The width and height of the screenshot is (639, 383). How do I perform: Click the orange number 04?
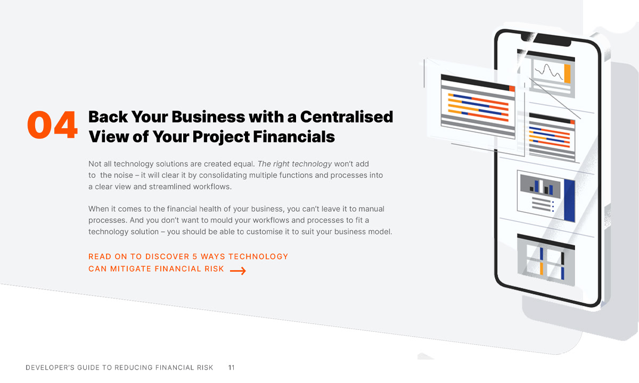pos(52,126)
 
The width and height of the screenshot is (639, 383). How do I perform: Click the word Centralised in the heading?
pos(346,116)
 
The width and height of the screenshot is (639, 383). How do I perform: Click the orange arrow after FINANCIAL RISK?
pos(237,271)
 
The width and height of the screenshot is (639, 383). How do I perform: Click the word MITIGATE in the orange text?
pos(130,269)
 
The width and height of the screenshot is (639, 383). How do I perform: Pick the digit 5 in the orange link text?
pos(195,256)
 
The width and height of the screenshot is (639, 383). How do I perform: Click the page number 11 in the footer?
pos(231,368)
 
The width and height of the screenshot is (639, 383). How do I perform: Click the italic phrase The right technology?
pos(294,163)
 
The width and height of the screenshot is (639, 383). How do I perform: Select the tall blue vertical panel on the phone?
pos(569,199)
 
